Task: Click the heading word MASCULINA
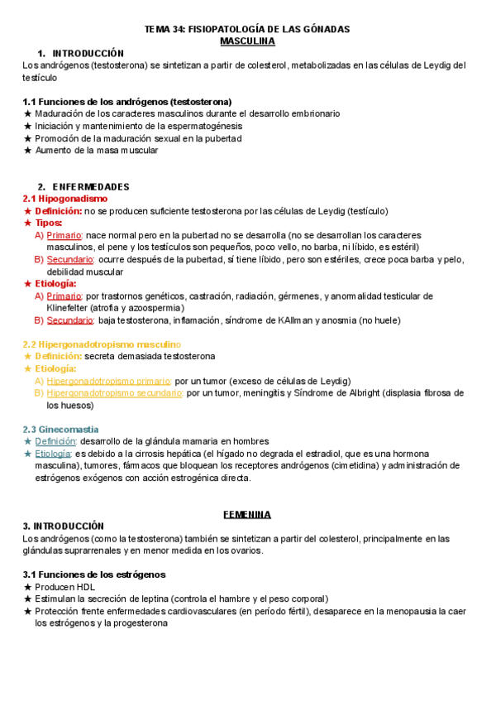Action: [x=247, y=41]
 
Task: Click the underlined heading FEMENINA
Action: [x=247, y=514]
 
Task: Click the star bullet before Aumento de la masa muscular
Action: [x=28, y=151]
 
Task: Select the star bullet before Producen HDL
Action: [x=28, y=586]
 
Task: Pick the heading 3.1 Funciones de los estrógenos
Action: [x=94, y=574]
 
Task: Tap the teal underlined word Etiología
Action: [x=53, y=454]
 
